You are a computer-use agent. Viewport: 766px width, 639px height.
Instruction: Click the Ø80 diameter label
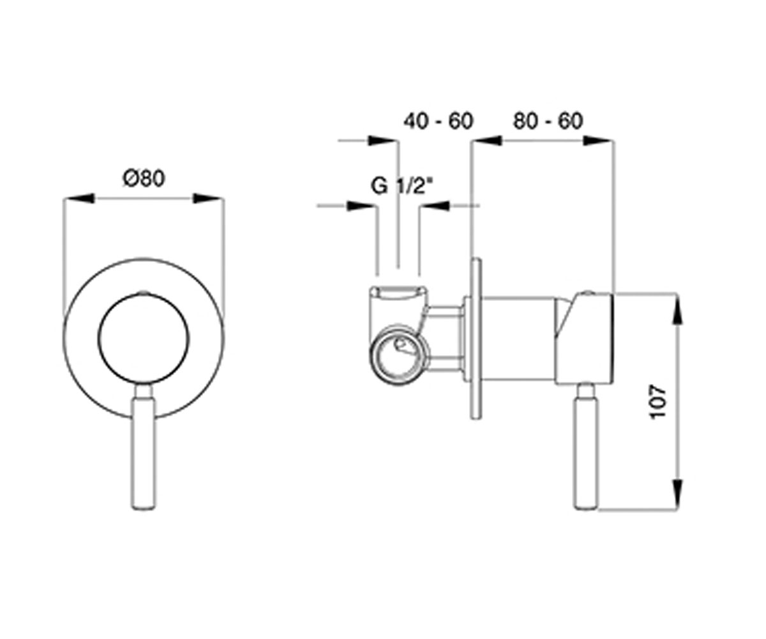[144, 178]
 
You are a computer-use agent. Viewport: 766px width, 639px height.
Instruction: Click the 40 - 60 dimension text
[439, 121]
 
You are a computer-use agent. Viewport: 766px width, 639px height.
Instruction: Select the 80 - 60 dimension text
[548, 121]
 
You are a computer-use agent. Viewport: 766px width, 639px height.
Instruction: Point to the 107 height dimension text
[657, 401]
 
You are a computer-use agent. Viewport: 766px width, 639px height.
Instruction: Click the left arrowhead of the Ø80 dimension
[79, 198]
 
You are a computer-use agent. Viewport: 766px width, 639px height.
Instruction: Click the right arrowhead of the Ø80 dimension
[208, 198]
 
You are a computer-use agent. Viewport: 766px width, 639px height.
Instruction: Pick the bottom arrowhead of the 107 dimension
[677, 494]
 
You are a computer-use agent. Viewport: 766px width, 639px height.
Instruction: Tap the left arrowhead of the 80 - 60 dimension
[487, 141]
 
